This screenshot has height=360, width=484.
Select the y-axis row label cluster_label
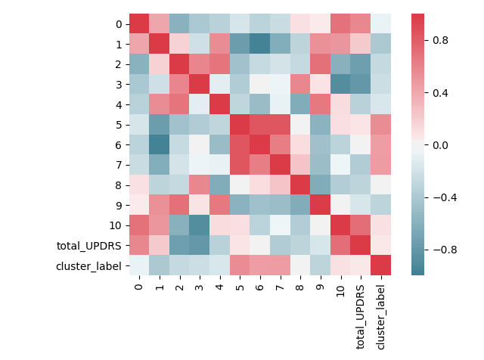click(86, 265)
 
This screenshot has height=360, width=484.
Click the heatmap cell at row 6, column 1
click(160, 144)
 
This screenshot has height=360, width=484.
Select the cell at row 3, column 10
click(340, 84)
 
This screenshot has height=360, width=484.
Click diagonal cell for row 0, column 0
click(139, 23)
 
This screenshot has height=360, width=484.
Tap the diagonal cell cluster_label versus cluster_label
click(380, 265)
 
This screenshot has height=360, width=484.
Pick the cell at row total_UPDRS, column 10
click(340, 245)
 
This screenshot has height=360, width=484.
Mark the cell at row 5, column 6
click(260, 124)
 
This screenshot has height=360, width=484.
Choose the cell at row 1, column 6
click(260, 44)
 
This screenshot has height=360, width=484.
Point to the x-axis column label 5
click(240, 284)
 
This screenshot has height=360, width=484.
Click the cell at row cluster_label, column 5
click(240, 265)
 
